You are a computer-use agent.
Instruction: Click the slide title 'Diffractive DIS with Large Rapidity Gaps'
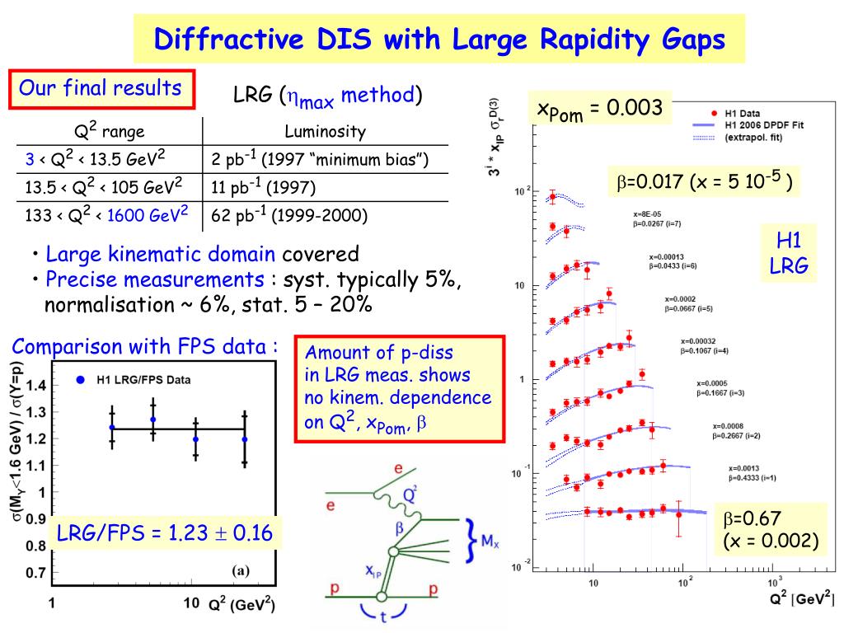[x=439, y=39]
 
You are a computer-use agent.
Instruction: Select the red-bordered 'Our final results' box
[x=101, y=89]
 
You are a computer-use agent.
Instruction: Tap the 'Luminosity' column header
[x=325, y=131]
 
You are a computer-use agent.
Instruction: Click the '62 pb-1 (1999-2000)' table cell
[x=289, y=217]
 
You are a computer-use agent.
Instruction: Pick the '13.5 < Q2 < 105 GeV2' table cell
[x=104, y=187]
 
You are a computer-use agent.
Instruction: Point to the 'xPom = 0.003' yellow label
[x=599, y=109]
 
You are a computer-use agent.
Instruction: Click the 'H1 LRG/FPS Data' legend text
[x=143, y=380]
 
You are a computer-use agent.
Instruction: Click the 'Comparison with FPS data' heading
[x=144, y=347]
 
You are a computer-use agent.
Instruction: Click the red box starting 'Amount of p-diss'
[x=399, y=388]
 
